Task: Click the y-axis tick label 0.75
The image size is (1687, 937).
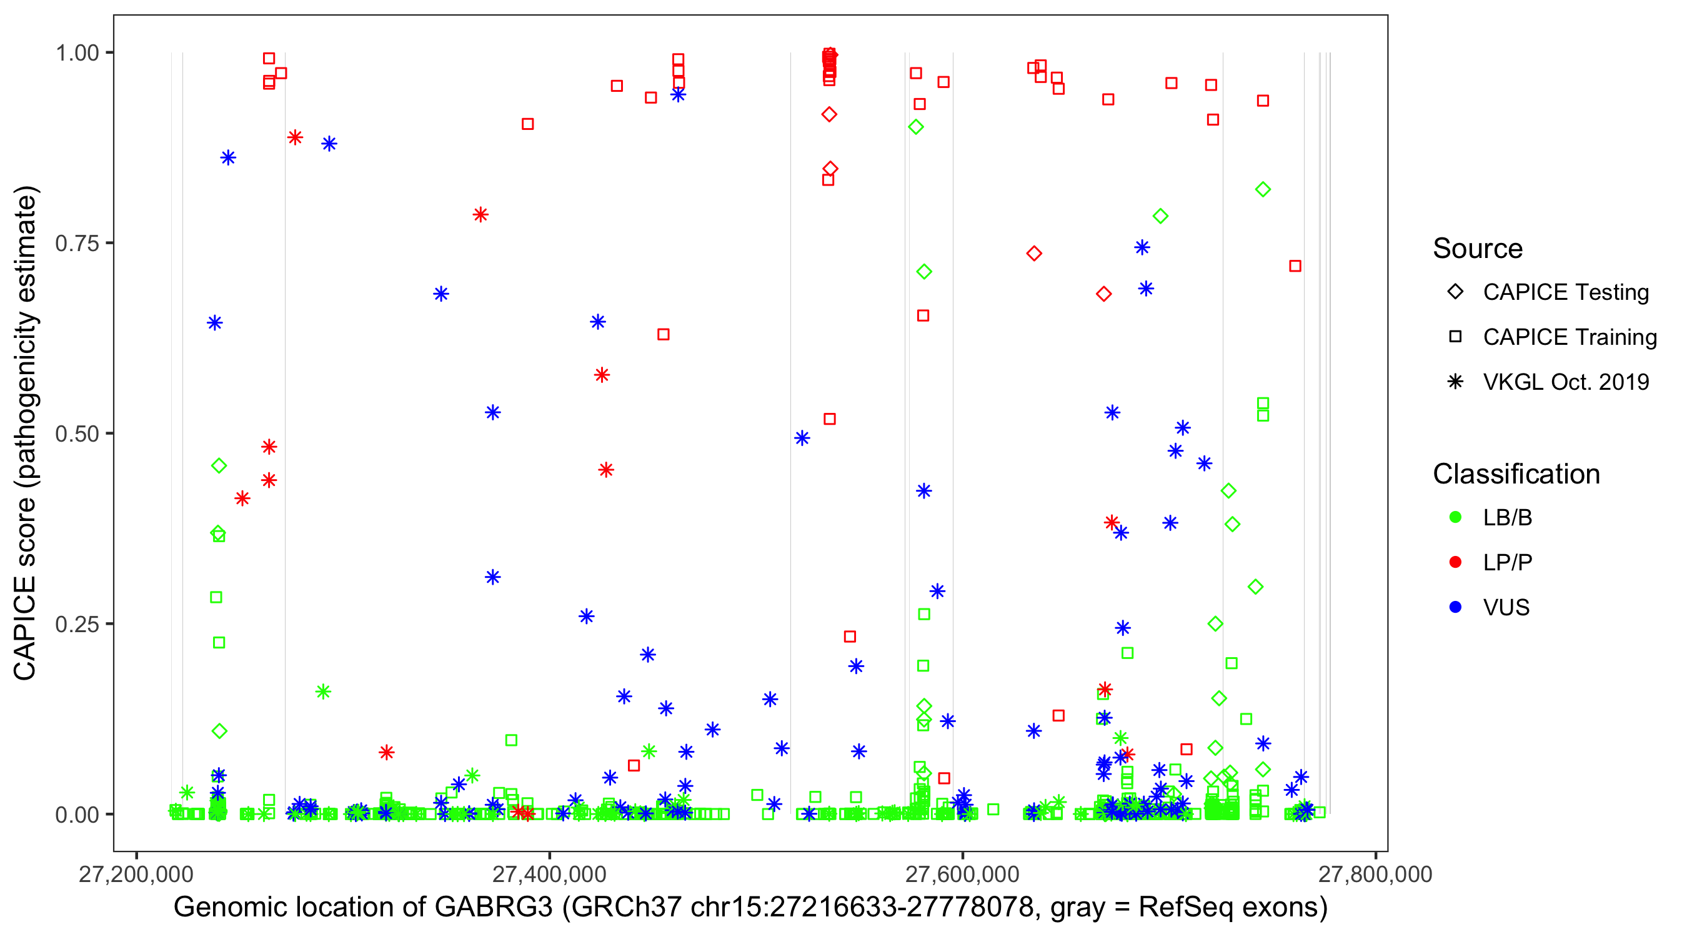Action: tap(76, 244)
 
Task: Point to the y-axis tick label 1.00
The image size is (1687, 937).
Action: tap(76, 53)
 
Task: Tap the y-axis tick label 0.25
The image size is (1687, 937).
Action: tap(76, 624)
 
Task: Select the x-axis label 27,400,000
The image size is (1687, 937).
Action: tap(549, 874)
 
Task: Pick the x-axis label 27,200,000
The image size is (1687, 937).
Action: tap(136, 874)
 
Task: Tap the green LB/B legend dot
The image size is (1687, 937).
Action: tap(1455, 517)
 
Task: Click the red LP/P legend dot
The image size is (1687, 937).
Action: tap(1455, 562)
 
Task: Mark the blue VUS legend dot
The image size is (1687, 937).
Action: tap(1455, 608)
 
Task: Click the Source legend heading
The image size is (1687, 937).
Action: tap(1478, 249)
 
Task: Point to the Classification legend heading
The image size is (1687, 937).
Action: tap(1516, 474)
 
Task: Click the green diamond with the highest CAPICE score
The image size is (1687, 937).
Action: tap(916, 127)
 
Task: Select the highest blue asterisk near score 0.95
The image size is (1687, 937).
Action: tap(678, 95)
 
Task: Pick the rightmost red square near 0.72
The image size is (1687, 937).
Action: tap(1295, 266)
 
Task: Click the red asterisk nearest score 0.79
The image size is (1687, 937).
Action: tap(480, 215)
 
